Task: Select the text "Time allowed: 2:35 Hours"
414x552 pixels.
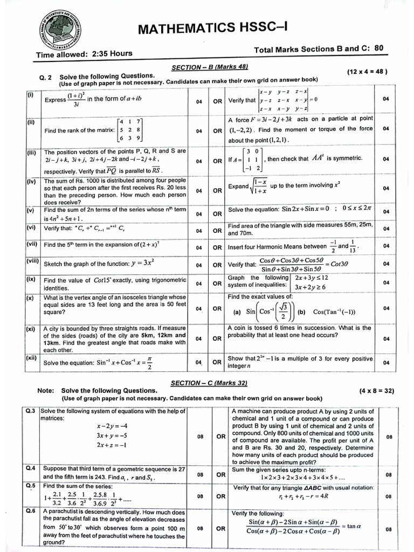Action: [84, 54]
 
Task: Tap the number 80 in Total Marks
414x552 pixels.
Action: [378, 48]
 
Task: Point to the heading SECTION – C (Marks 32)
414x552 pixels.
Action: [209, 382]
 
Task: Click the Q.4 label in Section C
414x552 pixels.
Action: [30, 468]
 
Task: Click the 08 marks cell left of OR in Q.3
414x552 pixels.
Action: [199, 437]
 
